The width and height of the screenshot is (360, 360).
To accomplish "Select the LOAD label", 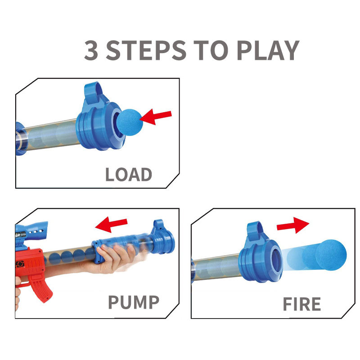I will pos(128,175).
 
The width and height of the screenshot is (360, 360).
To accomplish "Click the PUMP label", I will pos(134,302).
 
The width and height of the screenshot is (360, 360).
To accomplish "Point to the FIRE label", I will pos(301,304).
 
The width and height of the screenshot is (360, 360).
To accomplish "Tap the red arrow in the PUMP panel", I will pos(112,223).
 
